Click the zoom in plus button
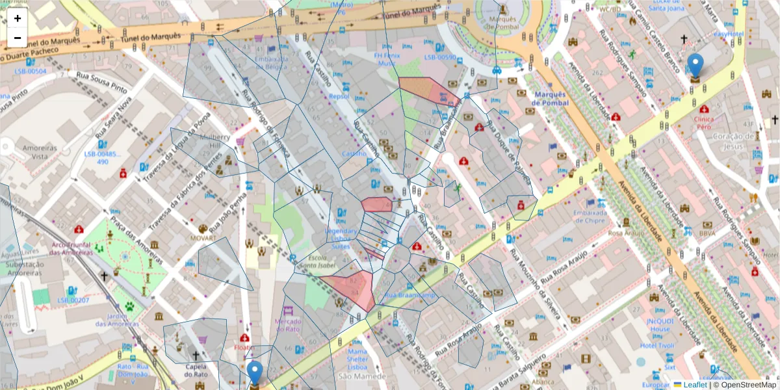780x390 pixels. [x=18, y=18]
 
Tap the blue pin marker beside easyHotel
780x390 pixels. [x=695, y=66]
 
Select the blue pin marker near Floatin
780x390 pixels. [x=254, y=374]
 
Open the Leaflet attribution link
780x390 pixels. [x=694, y=385]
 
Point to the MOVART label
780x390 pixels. [x=203, y=238]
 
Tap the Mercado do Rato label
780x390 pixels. [x=288, y=326]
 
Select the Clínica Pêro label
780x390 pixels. [x=703, y=123]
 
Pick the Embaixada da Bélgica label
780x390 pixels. [x=271, y=62]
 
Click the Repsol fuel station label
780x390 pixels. [x=339, y=96]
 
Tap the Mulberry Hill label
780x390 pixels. [x=216, y=142]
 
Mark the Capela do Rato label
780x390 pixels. [x=196, y=370]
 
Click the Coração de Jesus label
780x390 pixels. [x=736, y=141]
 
